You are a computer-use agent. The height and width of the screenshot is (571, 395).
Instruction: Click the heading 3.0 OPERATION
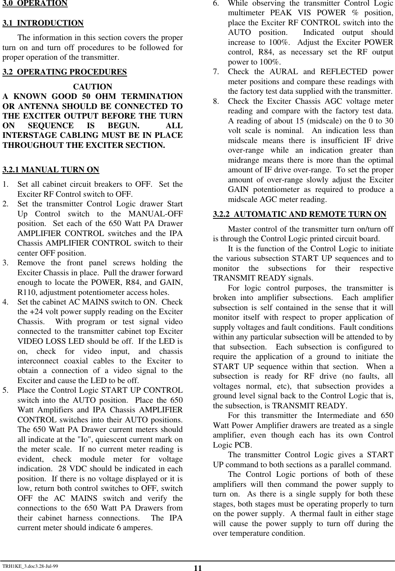(35, 4)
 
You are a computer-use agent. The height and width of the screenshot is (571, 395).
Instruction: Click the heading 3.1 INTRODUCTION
(43, 23)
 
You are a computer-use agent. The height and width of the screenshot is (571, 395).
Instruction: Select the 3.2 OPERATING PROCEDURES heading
(65, 72)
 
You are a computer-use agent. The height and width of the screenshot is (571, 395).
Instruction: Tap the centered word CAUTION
(93, 87)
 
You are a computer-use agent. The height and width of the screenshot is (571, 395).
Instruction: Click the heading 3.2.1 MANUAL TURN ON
(51, 170)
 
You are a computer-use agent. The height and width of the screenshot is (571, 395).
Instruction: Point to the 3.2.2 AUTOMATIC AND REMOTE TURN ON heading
(300, 214)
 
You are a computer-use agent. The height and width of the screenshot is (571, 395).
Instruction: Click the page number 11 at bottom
(197, 568)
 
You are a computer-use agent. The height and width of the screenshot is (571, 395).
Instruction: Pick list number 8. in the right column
(216, 101)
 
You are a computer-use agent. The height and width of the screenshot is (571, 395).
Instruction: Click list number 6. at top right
(216, 4)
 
